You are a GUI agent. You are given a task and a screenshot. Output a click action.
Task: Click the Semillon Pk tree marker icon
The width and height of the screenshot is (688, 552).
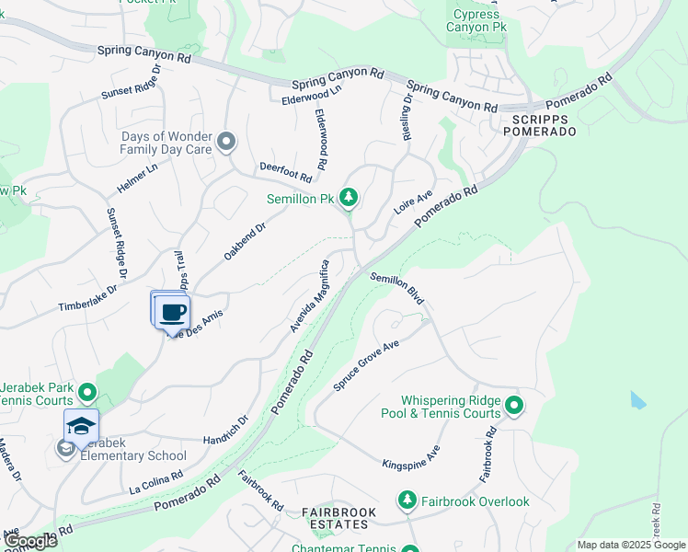click(348, 197)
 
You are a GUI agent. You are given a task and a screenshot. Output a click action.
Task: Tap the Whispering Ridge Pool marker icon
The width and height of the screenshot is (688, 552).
click(514, 405)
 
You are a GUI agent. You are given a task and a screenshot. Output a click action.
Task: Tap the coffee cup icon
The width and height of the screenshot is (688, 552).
click(172, 311)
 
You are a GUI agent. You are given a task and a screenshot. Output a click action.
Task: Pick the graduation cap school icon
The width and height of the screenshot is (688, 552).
click(81, 426)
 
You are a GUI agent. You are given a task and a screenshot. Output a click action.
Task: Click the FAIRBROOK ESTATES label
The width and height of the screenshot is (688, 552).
click(335, 518)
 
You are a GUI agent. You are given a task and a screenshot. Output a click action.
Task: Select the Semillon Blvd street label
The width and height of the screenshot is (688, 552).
click(396, 289)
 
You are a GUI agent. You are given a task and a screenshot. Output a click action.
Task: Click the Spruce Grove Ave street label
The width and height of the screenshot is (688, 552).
click(365, 366)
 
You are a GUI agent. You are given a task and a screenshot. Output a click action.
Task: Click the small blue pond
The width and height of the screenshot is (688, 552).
click(638, 400)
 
